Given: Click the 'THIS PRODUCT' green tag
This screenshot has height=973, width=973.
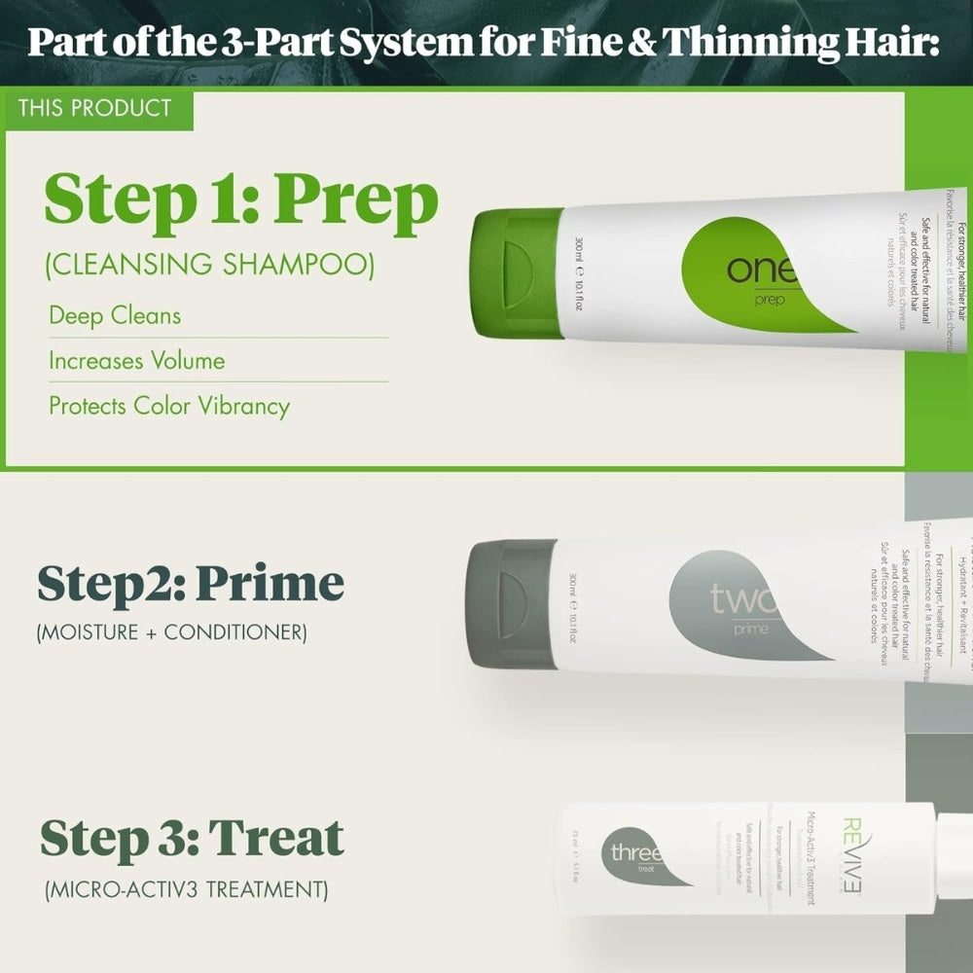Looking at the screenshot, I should pyautogui.click(x=94, y=108).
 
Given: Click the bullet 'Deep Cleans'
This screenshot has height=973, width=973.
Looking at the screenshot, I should pyautogui.click(x=115, y=316).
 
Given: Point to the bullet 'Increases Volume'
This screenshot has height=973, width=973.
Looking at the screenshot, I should pyautogui.click(x=137, y=361).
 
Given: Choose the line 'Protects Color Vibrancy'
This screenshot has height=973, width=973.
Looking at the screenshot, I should pyautogui.click(x=169, y=406).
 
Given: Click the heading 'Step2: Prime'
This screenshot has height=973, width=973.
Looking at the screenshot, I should pyautogui.click(x=191, y=583).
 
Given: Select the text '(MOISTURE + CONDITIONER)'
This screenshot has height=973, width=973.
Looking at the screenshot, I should pyautogui.click(x=171, y=632).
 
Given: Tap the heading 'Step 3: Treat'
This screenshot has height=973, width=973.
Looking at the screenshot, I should pyautogui.click(x=192, y=838).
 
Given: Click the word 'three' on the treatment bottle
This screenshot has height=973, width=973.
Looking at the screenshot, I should pyautogui.click(x=635, y=853).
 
